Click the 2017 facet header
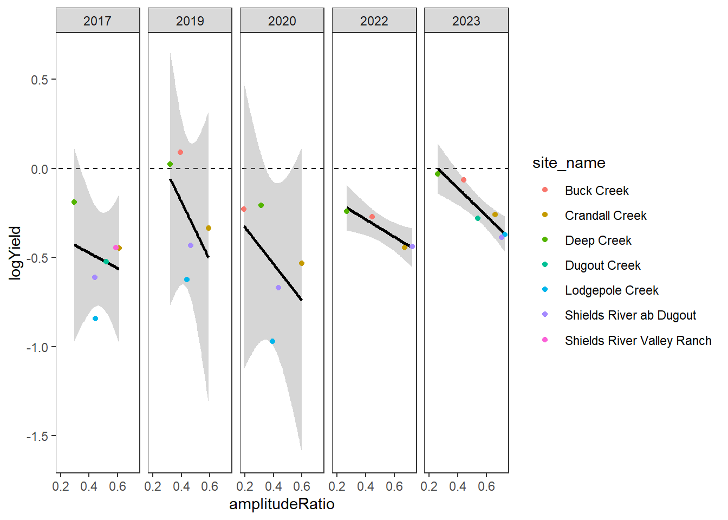click(x=97, y=21)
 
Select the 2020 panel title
click(x=282, y=21)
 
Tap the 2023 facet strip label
click(x=466, y=21)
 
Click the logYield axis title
click(x=15, y=252)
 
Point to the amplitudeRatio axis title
click(x=282, y=504)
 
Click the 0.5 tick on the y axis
click(x=40, y=80)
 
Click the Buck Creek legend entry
click(x=596, y=191)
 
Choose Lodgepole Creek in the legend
click(x=612, y=290)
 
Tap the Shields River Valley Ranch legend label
click(x=638, y=341)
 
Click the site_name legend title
click(x=569, y=163)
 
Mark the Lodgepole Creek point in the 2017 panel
click(x=95, y=318)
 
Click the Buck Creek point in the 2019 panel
click(x=180, y=152)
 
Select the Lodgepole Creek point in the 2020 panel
click(x=272, y=341)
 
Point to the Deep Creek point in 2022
click(x=347, y=211)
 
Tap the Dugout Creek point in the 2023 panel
click(x=478, y=218)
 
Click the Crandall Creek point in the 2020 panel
click(x=302, y=263)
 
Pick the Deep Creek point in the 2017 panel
click(x=74, y=202)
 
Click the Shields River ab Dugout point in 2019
click(x=191, y=245)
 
